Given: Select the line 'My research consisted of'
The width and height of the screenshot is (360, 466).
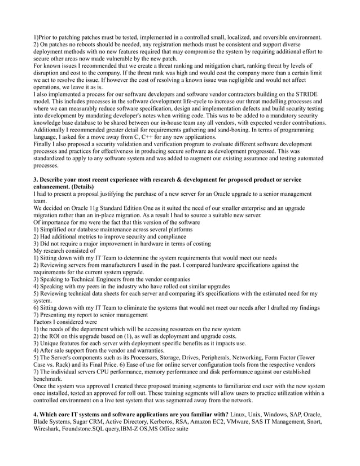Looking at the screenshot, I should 64,251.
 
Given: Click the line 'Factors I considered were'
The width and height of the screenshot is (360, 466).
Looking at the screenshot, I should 65,322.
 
